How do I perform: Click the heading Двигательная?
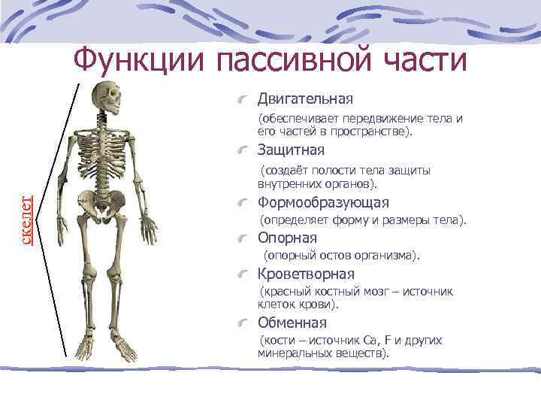click(x=306, y=99)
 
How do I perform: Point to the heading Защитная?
click(x=291, y=150)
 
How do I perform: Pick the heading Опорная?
click(x=287, y=238)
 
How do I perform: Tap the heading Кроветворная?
click(x=306, y=274)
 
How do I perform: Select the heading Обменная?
click(x=292, y=323)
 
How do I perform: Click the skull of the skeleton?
click(x=104, y=98)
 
